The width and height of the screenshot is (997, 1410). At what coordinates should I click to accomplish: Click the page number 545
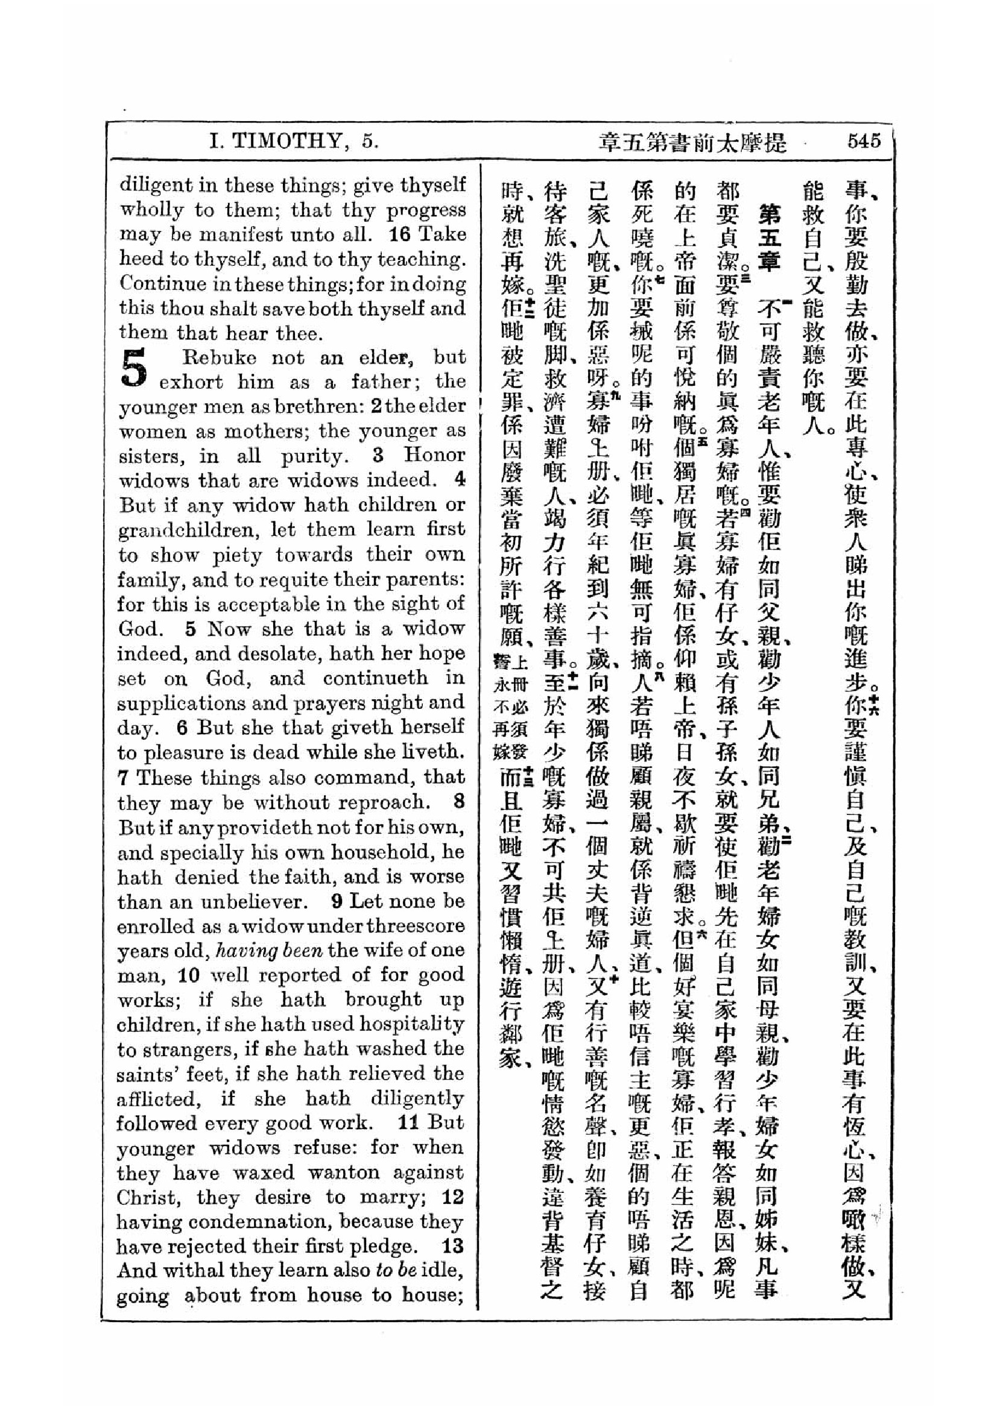[863, 141]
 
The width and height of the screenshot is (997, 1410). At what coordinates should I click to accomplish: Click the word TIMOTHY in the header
[285, 142]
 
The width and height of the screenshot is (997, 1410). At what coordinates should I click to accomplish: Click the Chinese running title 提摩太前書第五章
[692, 143]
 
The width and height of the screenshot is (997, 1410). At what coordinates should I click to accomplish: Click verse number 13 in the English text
[453, 1247]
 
